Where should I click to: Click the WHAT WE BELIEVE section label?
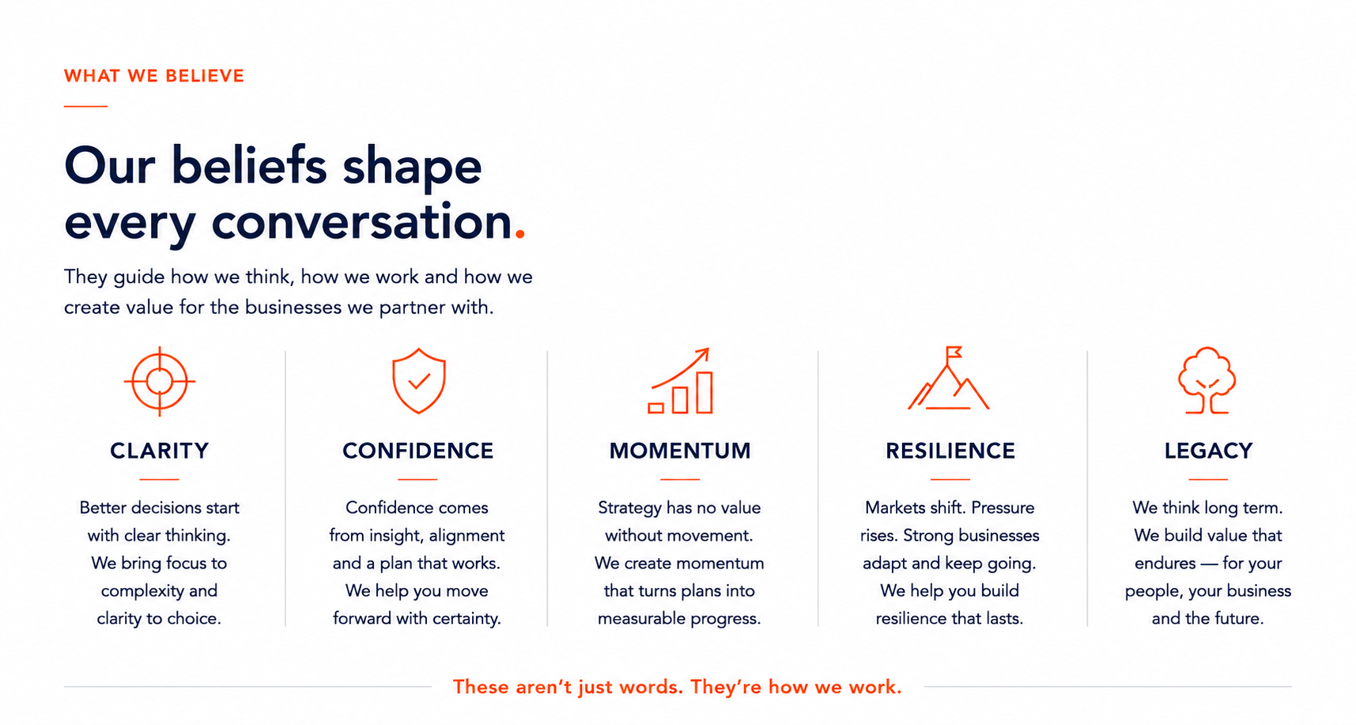(154, 76)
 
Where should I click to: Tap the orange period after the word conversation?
(519, 233)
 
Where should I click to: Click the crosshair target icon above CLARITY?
(160, 381)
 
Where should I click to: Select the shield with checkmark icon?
(419, 381)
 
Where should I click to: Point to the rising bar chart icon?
(680, 380)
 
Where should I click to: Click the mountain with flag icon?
(949, 378)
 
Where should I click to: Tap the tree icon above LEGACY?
(1207, 380)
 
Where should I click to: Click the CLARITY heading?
(160, 451)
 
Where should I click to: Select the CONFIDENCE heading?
(418, 451)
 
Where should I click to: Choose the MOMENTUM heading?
(680, 451)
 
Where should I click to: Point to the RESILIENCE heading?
(950, 451)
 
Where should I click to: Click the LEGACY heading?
(1209, 451)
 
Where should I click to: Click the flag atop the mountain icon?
(954, 352)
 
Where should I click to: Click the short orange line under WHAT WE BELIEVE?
(85, 106)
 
